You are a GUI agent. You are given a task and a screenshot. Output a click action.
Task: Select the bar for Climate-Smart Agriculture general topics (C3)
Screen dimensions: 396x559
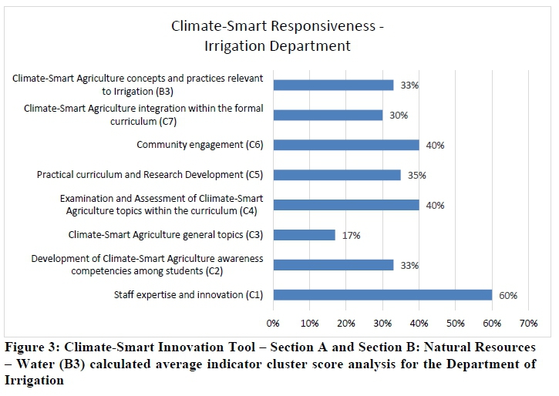(305, 235)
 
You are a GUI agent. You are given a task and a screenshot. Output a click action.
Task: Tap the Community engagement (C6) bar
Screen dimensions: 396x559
(346, 145)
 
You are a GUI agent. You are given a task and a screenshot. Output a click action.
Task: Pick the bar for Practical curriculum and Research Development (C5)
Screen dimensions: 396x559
(337, 175)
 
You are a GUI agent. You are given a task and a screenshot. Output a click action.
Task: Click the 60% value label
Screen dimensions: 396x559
(507, 295)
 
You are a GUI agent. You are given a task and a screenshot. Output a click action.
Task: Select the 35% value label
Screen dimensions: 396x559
(416, 176)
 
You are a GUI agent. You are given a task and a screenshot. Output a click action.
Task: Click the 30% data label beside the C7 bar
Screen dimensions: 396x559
(398, 116)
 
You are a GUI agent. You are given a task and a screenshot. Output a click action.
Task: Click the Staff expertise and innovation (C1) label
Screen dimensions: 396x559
(188, 294)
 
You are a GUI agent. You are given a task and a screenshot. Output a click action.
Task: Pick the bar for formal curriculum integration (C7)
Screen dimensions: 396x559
(328, 115)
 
